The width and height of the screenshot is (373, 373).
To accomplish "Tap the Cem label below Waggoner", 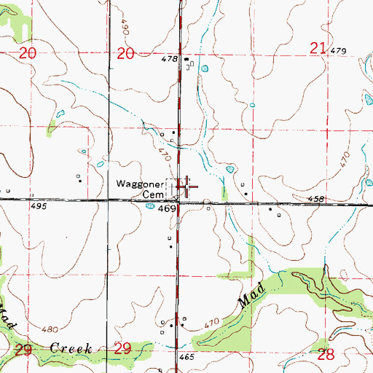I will click(x=153, y=195).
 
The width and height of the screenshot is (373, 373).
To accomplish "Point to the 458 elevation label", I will click(x=315, y=198).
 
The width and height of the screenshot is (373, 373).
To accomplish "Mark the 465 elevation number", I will click(x=186, y=358).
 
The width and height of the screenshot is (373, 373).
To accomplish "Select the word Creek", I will click(x=71, y=349).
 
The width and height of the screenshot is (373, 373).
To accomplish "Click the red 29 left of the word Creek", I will click(x=25, y=350).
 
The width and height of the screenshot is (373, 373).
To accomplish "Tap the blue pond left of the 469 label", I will click(x=149, y=206).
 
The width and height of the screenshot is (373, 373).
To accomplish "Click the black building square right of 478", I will click(x=186, y=59).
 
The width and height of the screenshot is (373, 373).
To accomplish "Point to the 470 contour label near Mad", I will click(x=212, y=323).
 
